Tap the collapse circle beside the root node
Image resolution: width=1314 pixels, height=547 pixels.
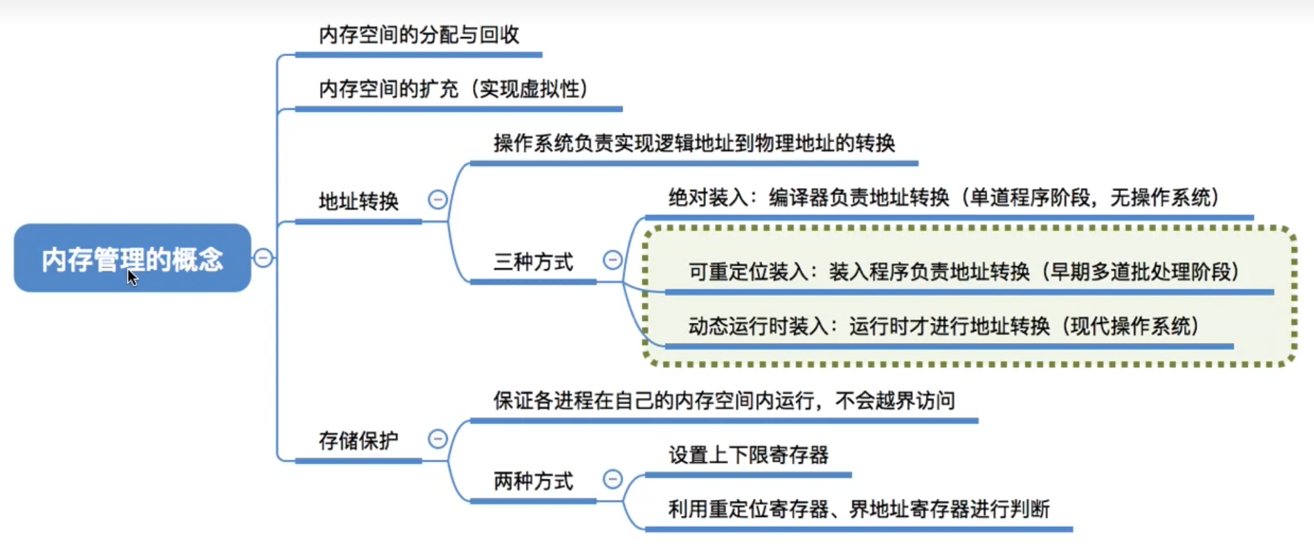coord(263,258)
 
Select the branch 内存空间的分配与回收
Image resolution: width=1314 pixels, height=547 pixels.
coord(419,35)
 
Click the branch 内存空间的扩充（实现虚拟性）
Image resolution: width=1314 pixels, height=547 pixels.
coord(454,89)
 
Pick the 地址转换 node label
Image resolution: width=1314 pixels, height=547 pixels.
coord(358,201)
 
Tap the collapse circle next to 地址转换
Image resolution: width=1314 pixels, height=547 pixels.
coord(438,200)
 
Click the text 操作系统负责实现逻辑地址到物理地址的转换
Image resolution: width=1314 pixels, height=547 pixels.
coord(694,143)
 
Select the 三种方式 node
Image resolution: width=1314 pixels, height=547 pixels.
coord(533,262)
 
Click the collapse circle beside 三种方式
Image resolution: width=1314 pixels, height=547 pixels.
coord(613,260)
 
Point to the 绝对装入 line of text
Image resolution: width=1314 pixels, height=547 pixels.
coord(943,198)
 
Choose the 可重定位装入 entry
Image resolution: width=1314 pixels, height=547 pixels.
coord(964,272)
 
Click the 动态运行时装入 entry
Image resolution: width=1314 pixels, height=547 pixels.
coord(943,326)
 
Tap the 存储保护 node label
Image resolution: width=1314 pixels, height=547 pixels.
coord(358,441)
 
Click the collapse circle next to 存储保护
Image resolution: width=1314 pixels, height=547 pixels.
coord(438,439)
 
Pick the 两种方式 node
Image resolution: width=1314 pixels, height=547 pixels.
coord(533,481)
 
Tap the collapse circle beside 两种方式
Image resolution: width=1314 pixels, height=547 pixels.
coord(613,479)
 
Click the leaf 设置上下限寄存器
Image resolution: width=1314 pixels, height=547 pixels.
coord(748,455)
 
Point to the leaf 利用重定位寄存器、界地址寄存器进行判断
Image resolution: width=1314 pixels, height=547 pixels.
coord(859,509)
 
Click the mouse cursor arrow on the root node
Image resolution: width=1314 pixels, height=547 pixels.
coord(132,277)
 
